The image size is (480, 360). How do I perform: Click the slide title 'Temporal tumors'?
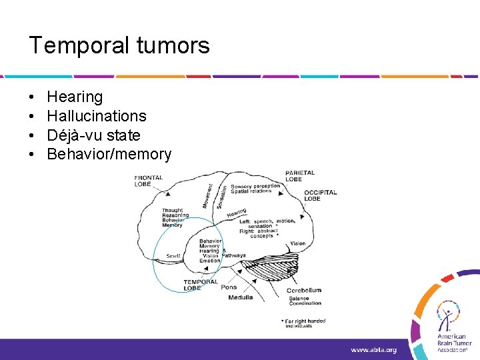pyautogui.click(x=119, y=46)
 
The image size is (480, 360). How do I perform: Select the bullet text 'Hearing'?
pyautogui.click(x=75, y=97)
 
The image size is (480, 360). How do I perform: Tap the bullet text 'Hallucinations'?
pyautogui.click(x=97, y=116)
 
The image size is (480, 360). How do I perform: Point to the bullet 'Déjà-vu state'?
pyautogui.click(x=93, y=135)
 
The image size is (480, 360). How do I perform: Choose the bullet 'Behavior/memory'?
pyautogui.click(x=109, y=155)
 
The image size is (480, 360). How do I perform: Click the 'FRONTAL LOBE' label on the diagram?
pyautogui.click(x=149, y=180)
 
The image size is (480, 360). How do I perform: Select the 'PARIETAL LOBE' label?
pyautogui.click(x=300, y=176)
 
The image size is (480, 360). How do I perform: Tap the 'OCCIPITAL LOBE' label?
pyautogui.click(x=321, y=195)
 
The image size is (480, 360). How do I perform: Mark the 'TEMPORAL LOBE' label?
pyautogui.click(x=201, y=285)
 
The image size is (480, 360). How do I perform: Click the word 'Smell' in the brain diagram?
pyautogui.click(x=173, y=255)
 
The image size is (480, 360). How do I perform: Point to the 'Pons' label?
pyautogui.click(x=229, y=287)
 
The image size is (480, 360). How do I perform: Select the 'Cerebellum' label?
pyautogui.click(x=304, y=290)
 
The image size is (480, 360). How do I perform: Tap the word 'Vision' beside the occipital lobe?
pyautogui.click(x=298, y=244)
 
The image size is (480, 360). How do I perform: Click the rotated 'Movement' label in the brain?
pyautogui.click(x=209, y=195)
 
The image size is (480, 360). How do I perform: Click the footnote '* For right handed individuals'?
pyautogui.click(x=304, y=323)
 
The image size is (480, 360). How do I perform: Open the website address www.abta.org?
pyautogui.click(x=373, y=349)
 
